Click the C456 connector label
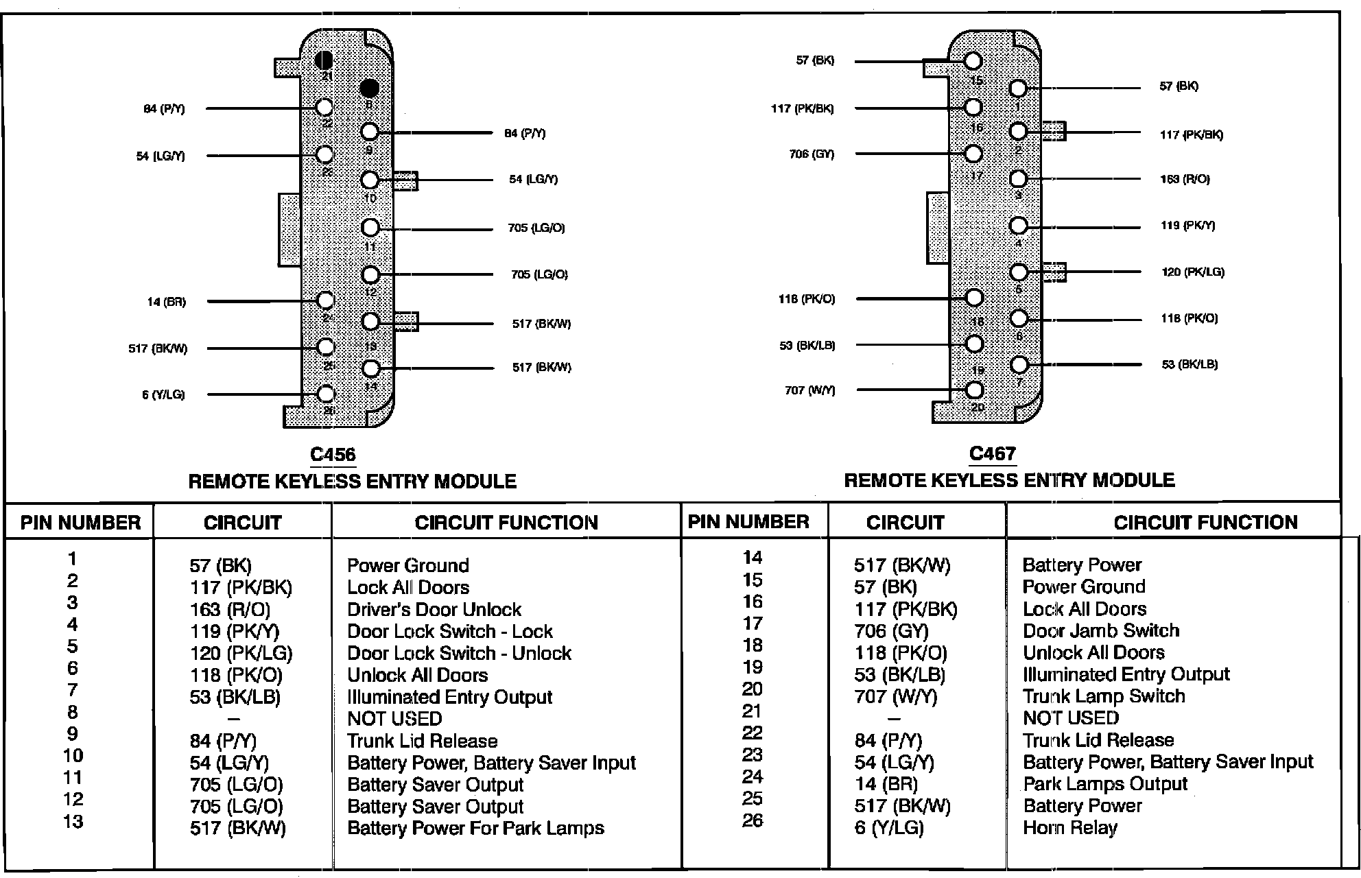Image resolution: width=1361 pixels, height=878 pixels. click(333, 454)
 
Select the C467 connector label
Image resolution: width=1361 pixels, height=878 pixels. click(992, 453)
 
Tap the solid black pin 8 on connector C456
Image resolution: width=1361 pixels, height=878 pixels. click(369, 88)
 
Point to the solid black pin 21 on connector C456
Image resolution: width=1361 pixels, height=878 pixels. click(324, 60)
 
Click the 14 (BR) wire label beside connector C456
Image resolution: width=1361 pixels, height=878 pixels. click(166, 302)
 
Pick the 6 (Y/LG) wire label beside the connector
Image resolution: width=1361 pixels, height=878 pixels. click(163, 395)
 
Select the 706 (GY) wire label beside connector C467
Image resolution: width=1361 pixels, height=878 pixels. click(812, 154)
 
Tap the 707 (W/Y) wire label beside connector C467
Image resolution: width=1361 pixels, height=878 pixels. click(810, 391)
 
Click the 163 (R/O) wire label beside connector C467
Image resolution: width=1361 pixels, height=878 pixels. click(1185, 179)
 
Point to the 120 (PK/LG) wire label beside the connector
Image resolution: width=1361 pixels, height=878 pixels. click(1192, 272)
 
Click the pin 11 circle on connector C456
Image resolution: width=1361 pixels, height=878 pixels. click(370, 228)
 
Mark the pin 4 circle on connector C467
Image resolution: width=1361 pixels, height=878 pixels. click(1019, 226)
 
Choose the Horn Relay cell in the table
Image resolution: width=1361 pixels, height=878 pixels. click(1069, 828)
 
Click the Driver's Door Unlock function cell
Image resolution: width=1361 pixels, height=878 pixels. click(434, 609)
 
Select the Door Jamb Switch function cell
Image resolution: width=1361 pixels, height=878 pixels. click(1100, 630)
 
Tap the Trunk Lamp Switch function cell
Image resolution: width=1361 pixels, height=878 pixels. click(1103, 696)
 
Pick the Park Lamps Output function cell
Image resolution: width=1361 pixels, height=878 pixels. click(1104, 784)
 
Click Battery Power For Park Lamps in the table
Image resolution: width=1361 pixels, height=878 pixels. click(475, 828)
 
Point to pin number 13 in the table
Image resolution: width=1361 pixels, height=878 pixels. click(73, 821)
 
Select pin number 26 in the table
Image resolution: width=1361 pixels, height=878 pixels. click(753, 820)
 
